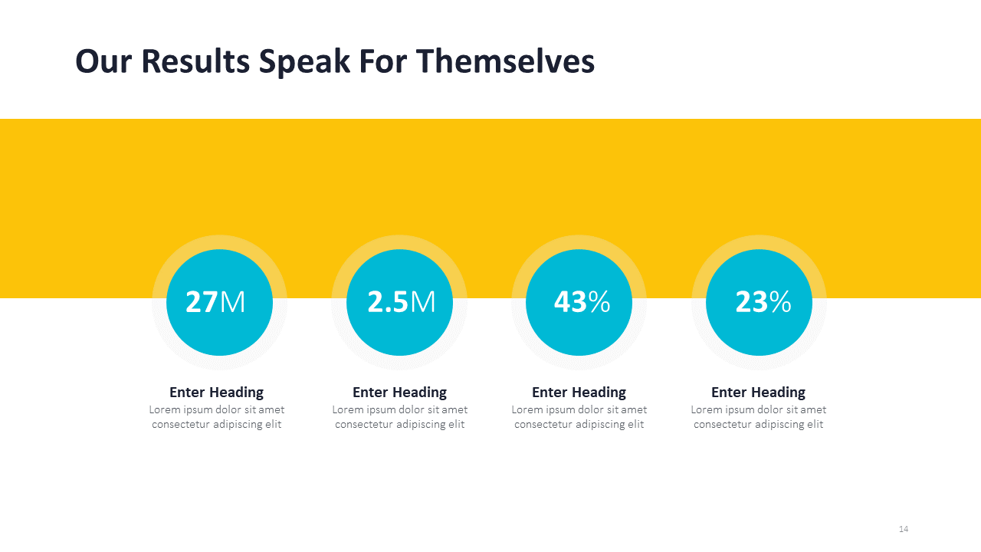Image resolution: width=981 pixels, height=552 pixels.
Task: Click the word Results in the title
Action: point(195,61)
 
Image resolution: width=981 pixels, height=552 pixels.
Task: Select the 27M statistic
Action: point(215,302)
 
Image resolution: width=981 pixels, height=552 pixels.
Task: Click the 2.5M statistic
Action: point(401,302)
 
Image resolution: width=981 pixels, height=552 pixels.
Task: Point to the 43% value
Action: point(582,302)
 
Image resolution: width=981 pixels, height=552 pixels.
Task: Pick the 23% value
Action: point(763,302)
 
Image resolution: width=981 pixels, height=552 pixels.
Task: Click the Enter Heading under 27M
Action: point(216,393)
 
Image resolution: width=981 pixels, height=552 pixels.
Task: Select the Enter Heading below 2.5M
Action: point(399,393)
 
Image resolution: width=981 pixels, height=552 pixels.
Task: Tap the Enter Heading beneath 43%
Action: point(579,393)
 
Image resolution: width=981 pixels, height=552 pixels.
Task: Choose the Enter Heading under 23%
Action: point(758,393)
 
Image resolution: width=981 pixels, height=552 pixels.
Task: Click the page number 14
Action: point(904,529)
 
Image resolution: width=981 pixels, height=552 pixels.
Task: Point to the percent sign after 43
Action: point(599,303)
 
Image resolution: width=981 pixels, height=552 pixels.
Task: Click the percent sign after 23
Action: point(780,303)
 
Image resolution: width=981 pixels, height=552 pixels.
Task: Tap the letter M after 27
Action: point(233,303)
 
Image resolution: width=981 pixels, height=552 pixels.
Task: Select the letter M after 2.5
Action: point(422,303)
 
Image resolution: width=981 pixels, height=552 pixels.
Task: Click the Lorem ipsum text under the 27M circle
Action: point(216,417)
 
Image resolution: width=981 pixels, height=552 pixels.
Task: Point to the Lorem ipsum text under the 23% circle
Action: point(758,417)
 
